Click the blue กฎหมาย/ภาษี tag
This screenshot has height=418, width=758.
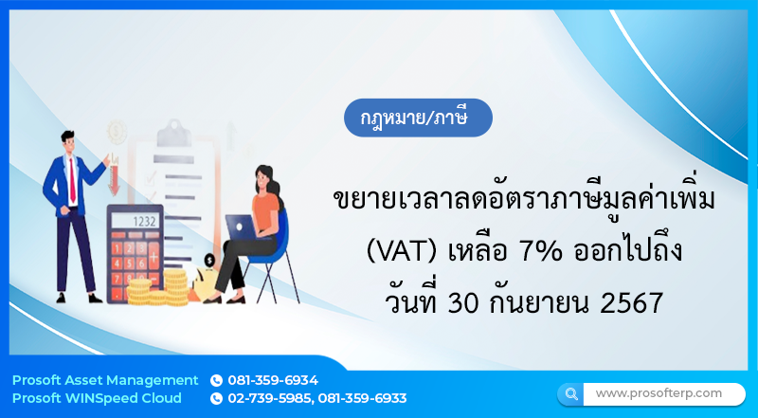[418, 121]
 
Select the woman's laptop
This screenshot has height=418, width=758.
[240, 227]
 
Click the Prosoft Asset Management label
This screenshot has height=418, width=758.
[105, 380]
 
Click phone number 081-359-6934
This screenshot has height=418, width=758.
[273, 380]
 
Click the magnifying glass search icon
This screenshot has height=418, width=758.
[570, 392]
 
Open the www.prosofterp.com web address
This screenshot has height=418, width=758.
[659, 392]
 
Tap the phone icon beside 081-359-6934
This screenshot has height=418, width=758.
[216, 380]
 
